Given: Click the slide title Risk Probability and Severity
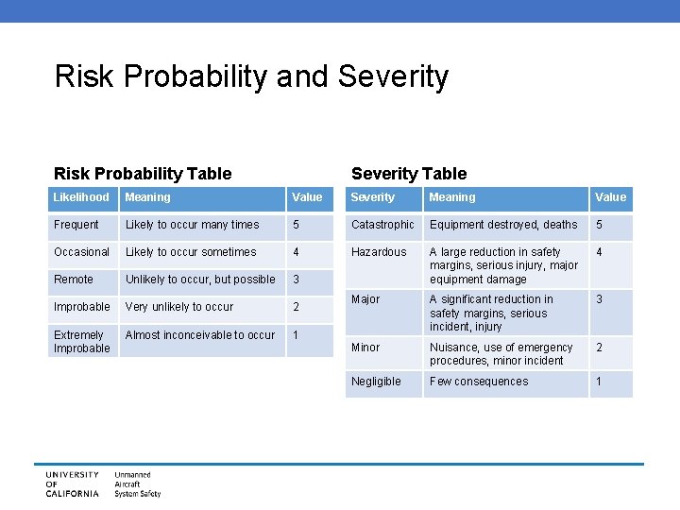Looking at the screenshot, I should [x=251, y=76].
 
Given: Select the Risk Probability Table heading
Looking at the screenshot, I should [x=143, y=173].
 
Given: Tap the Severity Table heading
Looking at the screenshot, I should [x=409, y=173].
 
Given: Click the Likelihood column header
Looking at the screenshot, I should [x=81, y=197].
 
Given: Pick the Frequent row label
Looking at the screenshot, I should [x=76, y=225].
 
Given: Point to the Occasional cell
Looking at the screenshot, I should [x=81, y=252].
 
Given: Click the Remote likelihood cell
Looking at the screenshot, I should [x=74, y=280].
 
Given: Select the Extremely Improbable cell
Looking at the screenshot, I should [x=81, y=341].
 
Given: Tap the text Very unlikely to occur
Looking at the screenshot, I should [x=179, y=307].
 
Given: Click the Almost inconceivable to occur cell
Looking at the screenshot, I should [x=200, y=335].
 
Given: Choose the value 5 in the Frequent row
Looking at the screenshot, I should [x=297, y=225].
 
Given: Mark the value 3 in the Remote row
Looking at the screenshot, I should [x=297, y=280].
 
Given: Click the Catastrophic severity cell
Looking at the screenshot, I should [x=382, y=225].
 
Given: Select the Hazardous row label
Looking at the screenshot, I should [x=379, y=252].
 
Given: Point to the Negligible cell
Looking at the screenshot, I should [x=376, y=382].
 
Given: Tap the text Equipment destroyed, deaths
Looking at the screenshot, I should [x=503, y=225].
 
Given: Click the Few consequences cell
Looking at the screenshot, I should [x=479, y=382].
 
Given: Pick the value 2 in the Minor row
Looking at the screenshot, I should [x=598, y=348].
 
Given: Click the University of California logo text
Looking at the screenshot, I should [x=72, y=484].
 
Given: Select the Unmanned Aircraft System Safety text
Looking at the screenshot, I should [x=138, y=484].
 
